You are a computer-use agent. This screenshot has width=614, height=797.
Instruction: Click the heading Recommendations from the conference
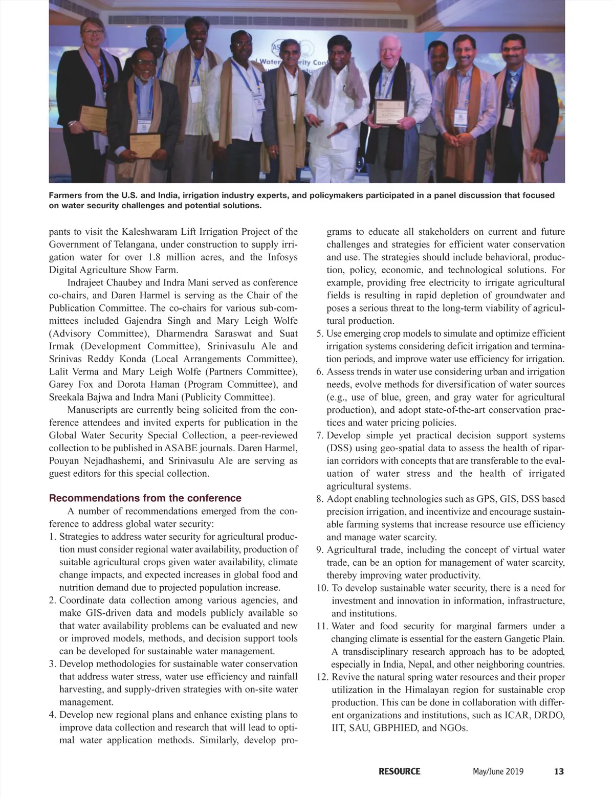pyautogui.click(x=145, y=498)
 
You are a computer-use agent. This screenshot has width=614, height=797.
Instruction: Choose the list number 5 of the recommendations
pyautogui.click(x=319, y=334)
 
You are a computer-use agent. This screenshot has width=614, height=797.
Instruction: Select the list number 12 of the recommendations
pyautogui.click(x=321, y=677)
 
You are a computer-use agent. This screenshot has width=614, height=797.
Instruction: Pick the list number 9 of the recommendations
pyautogui.click(x=319, y=550)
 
